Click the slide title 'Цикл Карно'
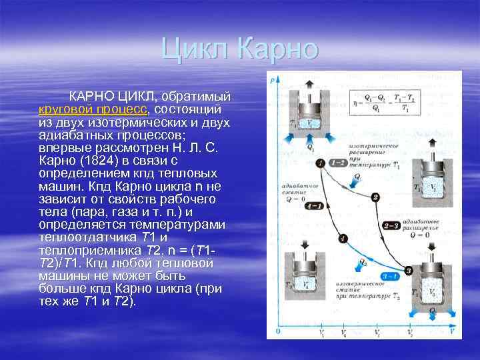[240, 49]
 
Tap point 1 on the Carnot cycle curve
[321, 163]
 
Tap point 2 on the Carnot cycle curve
[375, 197]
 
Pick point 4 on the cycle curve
[342, 238]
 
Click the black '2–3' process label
[392, 227]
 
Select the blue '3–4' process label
[391, 276]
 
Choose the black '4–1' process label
[312, 207]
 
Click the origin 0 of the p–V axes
[277, 331]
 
